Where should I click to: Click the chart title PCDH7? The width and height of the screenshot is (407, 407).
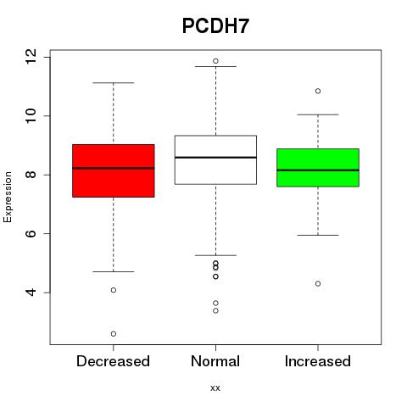215,26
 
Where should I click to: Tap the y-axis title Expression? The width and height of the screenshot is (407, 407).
8,197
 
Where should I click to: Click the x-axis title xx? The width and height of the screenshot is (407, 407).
215,388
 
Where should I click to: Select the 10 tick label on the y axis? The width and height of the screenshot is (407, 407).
31,115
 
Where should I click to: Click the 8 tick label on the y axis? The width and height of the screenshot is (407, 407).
31,175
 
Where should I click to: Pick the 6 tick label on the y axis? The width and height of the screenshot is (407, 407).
31,233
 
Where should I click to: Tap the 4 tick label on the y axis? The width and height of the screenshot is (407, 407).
31,293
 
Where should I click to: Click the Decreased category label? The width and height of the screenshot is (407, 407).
113,361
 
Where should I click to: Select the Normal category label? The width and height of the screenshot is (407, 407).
215,361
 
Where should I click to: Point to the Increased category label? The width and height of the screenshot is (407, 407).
318,361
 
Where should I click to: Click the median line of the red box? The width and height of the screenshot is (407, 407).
114,168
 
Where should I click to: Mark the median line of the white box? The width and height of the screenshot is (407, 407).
215,157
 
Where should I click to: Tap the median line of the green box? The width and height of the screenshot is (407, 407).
318,170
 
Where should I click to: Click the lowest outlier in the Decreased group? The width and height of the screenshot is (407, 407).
114,334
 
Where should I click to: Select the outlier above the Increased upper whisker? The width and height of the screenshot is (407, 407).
318,91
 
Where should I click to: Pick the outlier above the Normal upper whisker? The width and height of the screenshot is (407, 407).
215,61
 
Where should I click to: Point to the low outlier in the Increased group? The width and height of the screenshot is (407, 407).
318,283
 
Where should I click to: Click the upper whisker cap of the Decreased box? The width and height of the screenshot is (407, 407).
114,83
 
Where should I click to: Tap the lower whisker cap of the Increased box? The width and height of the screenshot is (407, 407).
318,235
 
